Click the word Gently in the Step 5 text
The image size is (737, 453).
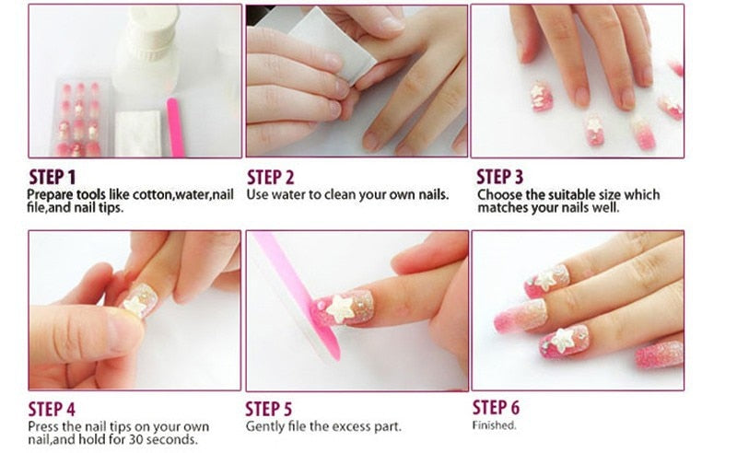coord(264,427)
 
